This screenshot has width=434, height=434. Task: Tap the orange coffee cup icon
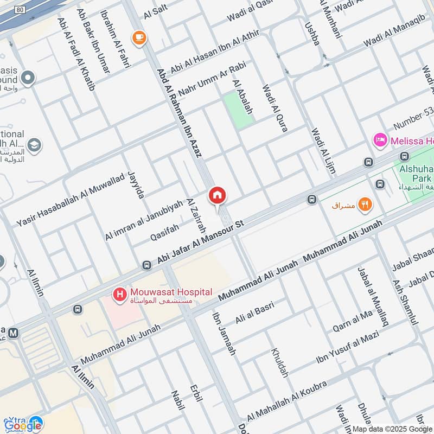[139, 37]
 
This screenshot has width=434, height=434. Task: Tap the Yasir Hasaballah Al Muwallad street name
[71, 201]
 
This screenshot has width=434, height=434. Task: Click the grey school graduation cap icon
[34, 145]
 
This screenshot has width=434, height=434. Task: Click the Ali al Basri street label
[254, 313]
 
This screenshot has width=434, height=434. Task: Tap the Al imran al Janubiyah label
[144, 220]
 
